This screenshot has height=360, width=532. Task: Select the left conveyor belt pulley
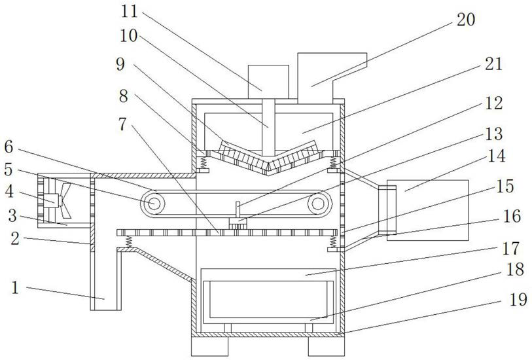tap(153, 203)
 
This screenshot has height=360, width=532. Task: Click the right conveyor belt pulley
tap(318, 204)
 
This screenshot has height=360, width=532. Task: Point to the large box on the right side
tap(427, 209)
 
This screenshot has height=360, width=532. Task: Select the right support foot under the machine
tap(326, 346)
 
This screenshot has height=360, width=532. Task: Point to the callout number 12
tap(494, 103)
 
